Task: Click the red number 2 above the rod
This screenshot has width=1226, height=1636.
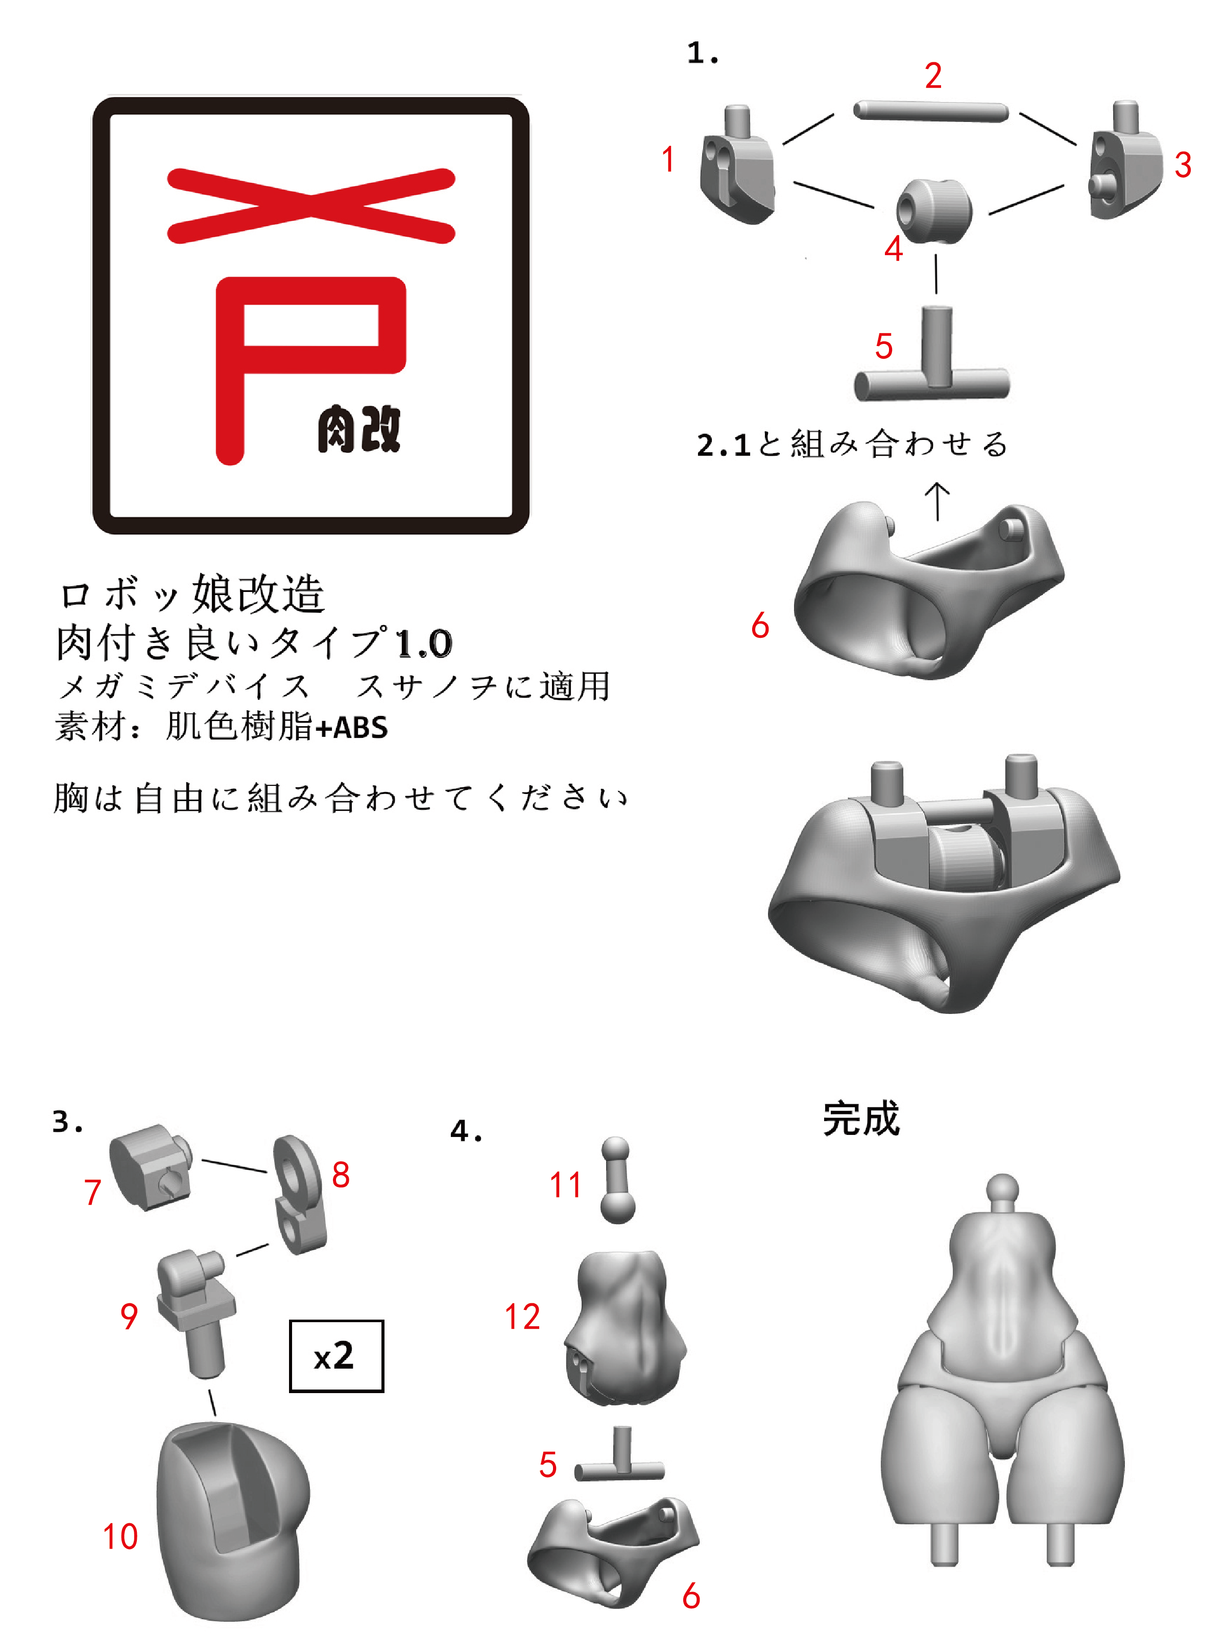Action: click(x=932, y=76)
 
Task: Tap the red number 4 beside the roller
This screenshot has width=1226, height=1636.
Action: click(x=893, y=249)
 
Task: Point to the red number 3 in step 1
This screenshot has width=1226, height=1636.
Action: click(x=1183, y=165)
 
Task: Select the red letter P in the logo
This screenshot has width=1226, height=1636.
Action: click(x=296, y=348)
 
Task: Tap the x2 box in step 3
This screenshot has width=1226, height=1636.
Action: click(x=336, y=1356)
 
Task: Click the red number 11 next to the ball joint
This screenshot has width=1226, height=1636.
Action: click(x=565, y=1185)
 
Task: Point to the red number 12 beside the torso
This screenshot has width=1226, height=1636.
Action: click(x=522, y=1317)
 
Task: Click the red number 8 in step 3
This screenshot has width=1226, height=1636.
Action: click(x=341, y=1175)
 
